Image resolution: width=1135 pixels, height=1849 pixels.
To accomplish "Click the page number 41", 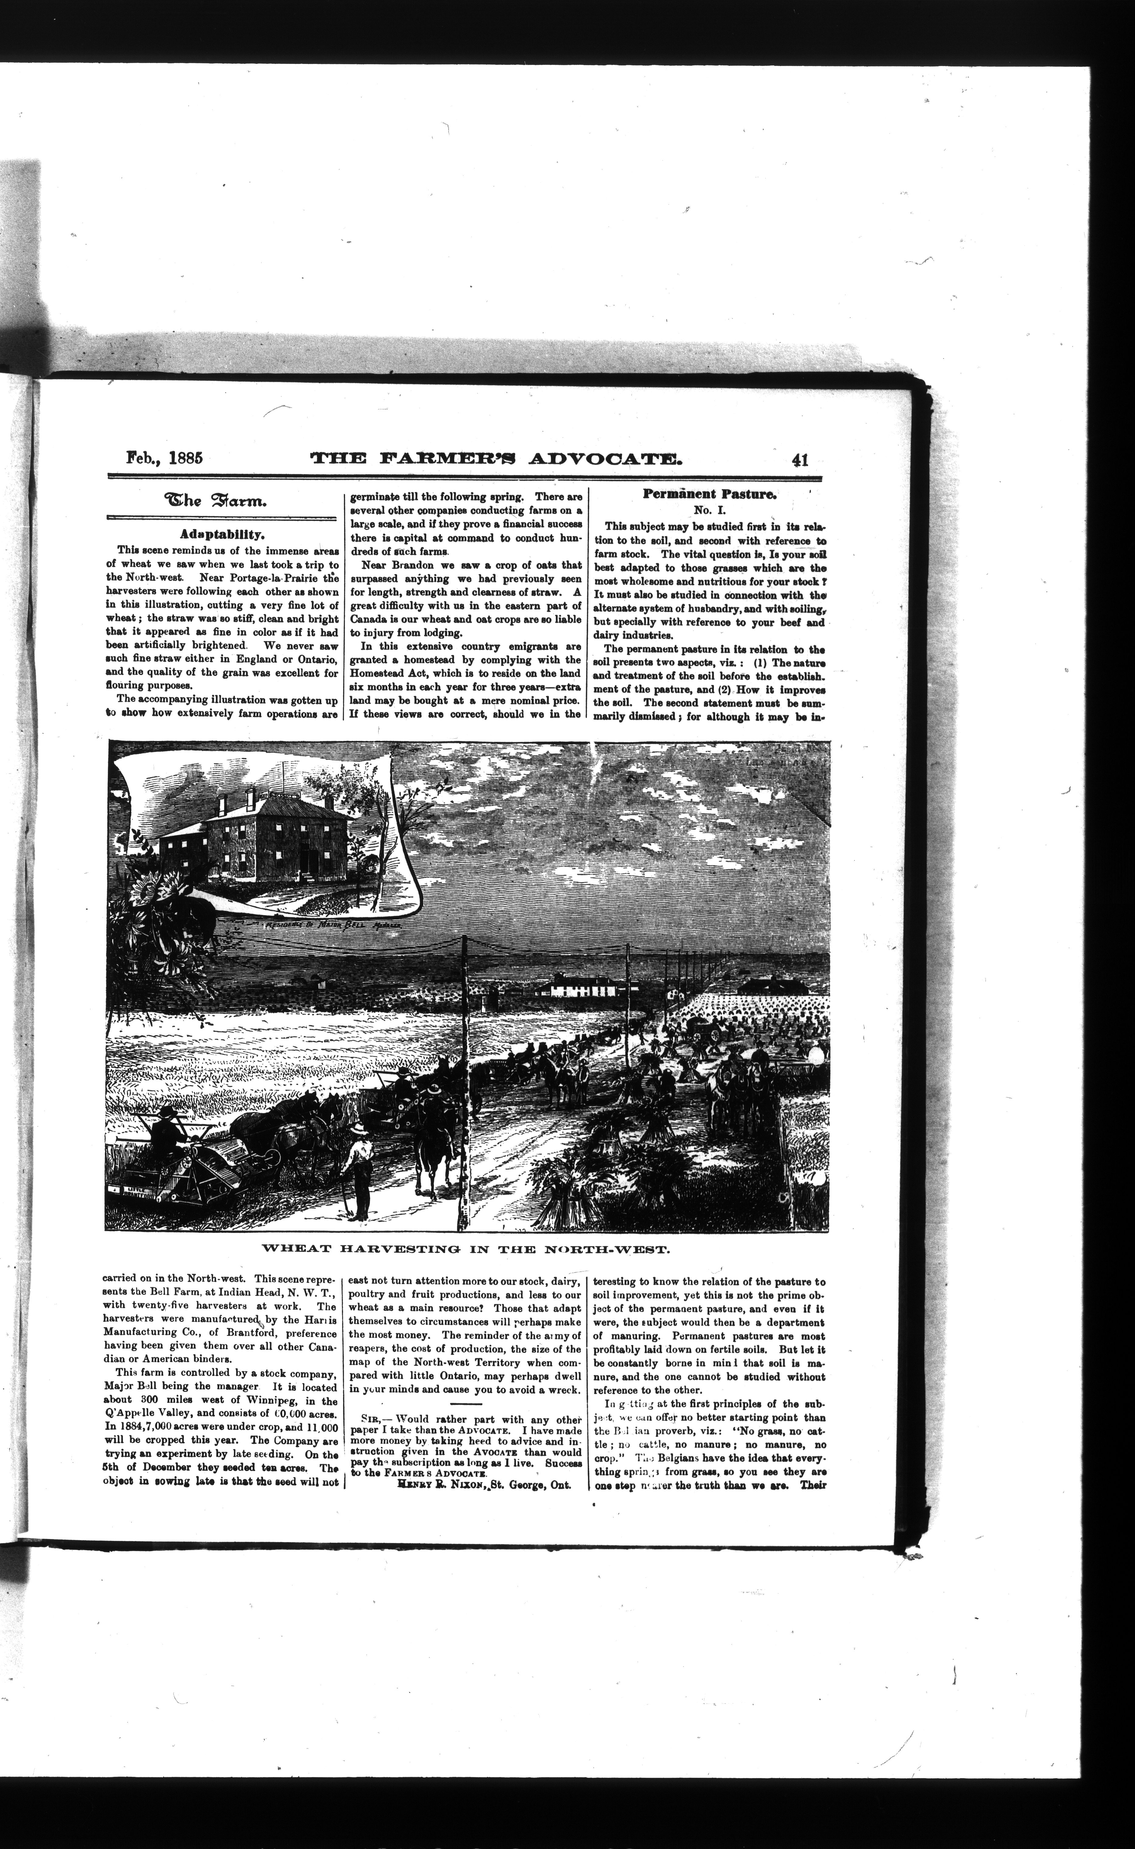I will click(x=794, y=459).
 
